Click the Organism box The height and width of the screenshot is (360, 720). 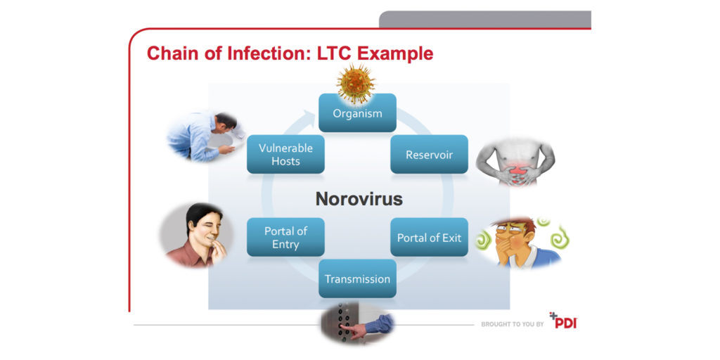[357, 113]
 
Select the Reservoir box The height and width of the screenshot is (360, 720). [429, 154]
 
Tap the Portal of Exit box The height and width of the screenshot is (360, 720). [429, 238]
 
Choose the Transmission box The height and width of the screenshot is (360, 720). [357, 279]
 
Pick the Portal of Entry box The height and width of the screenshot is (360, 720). [285, 238]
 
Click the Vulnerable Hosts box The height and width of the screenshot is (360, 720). [285, 154]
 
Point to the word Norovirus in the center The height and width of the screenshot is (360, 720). [359, 199]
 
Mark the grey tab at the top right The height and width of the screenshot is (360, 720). [484, 19]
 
